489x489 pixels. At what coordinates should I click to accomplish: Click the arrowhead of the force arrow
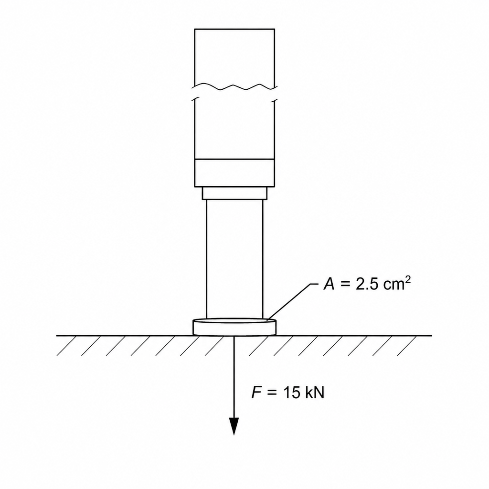234,426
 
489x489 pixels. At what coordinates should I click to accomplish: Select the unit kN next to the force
315,393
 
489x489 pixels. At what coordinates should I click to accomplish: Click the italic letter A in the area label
329,284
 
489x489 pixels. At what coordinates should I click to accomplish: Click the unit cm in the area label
392,285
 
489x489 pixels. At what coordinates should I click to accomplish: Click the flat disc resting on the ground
234,327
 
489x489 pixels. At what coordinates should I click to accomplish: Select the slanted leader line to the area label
292,302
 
